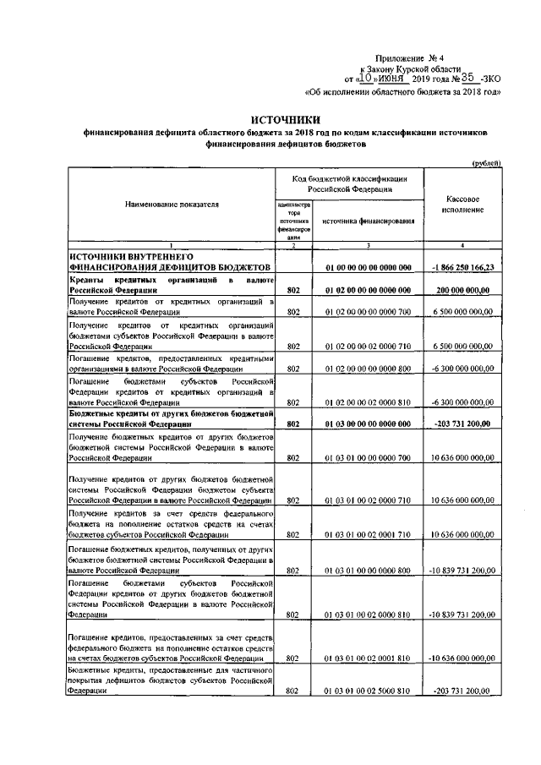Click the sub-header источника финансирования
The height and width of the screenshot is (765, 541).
(x=368, y=221)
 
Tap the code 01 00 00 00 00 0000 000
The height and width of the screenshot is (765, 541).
(x=368, y=267)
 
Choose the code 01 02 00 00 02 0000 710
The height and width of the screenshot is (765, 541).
(x=368, y=346)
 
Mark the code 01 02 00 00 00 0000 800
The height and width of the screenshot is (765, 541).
(x=368, y=369)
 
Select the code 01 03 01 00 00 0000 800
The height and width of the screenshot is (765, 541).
(x=368, y=570)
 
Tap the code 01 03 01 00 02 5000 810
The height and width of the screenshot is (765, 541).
(x=368, y=691)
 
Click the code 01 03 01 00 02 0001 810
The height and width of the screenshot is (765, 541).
(x=368, y=658)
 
